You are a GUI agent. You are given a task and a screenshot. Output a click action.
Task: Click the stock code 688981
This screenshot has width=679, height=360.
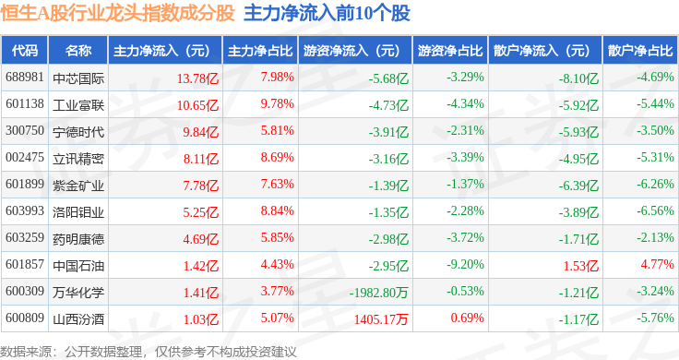(25, 78)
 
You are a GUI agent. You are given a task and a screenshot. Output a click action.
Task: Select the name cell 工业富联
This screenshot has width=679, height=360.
(78, 105)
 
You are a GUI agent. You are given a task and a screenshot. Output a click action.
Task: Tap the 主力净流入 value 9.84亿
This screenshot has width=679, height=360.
(200, 132)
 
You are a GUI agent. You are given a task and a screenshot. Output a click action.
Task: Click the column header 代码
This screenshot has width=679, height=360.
(25, 51)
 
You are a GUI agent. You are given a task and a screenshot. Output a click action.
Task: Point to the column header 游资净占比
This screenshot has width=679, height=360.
(450, 51)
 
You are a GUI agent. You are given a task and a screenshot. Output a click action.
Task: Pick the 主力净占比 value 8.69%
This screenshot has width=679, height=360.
(277, 157)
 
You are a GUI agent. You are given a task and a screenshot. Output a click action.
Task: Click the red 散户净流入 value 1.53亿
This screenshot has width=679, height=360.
(580, 266)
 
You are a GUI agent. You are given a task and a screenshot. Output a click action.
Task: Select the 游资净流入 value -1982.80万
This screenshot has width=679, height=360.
(379, 293)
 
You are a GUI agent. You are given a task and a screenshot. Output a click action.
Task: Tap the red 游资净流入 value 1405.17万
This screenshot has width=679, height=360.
(381, 319)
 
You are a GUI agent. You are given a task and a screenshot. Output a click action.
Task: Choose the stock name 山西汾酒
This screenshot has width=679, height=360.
(78, 319)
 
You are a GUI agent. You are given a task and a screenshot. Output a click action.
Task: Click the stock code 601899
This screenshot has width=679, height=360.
(25, 184)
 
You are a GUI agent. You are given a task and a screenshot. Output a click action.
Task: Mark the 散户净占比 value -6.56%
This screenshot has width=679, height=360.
(655, 210)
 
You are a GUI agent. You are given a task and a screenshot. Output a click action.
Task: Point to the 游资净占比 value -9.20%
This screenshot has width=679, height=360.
(465, 264)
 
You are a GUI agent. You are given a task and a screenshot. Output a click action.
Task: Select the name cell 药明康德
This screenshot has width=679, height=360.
(78, 239)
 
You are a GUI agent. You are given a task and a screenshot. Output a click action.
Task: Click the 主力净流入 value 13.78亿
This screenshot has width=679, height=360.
(197, 78)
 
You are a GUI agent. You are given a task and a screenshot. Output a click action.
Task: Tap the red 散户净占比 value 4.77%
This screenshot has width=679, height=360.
(658, 264)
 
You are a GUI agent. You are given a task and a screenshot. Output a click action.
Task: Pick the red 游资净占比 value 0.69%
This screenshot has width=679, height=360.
(467, 318)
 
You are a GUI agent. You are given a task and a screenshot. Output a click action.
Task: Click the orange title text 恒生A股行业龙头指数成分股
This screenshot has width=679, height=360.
(117, 14)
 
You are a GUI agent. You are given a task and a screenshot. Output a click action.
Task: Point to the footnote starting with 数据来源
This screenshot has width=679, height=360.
(149, 352)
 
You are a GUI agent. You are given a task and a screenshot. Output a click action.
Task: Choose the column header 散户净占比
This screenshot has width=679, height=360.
(640, 51)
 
